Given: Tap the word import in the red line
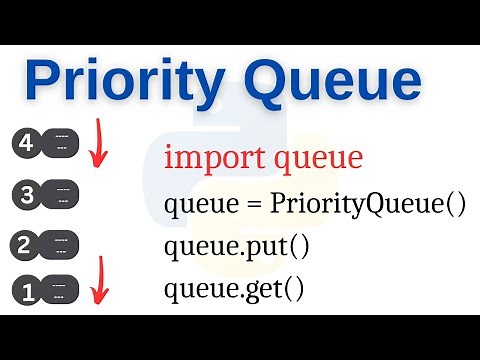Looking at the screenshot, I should (x=205, y=157).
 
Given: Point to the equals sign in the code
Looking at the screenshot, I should (x=251, y=204).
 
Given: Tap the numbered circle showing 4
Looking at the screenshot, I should (x=26, y=142).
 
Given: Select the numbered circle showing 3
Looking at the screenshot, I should (x=26, y=194).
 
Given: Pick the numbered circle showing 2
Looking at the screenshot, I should (x=26, y=244).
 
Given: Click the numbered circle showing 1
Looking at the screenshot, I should (x=26, y=292).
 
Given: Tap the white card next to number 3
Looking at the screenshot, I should (x=61, y=194).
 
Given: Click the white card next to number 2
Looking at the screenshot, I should (x=61, y=244).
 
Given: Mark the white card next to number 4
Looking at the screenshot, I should (x=61, y=142).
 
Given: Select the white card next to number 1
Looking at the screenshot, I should (x=61, y=292).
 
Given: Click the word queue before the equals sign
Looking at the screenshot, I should (x=200, y=206).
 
